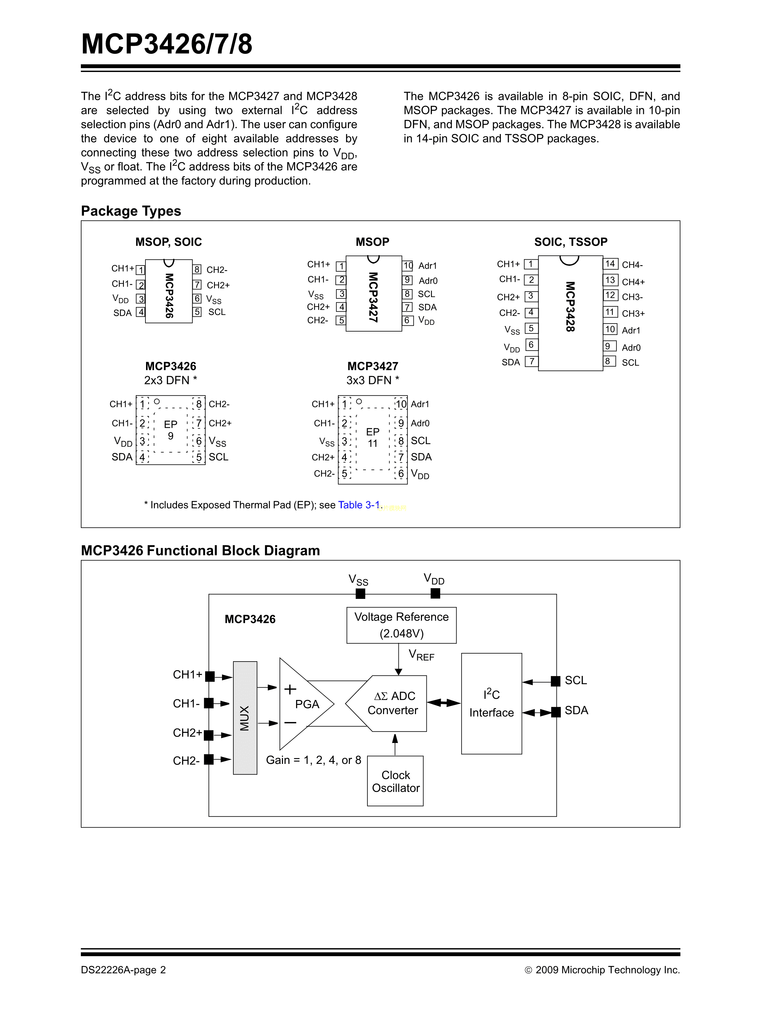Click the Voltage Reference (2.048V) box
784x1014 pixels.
pyautogui.click(x=401, y=625)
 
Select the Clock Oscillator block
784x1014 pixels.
pyautogui.click(x=395, y=781)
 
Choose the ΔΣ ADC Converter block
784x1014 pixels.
pyautogui.click(x=393, y=703)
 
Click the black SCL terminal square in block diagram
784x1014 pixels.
pyautogui.click(x=556, y=681)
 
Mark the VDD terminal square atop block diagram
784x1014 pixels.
pyautogui.click(x=435, y=593)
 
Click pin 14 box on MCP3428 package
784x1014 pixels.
pyautogui.click(x=610, y=264)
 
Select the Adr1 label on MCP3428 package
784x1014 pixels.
pyautogui.click(x=631, y=331)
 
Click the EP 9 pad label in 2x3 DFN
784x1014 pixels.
pyautogui.click(x=170, y=430)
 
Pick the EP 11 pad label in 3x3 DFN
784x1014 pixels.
pyautogui.click(x=373, y=437)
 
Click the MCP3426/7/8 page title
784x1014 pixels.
pyautogui.click(x=167, y=44)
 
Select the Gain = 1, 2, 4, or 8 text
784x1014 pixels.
pyautogui.click(x=314, y=760)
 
